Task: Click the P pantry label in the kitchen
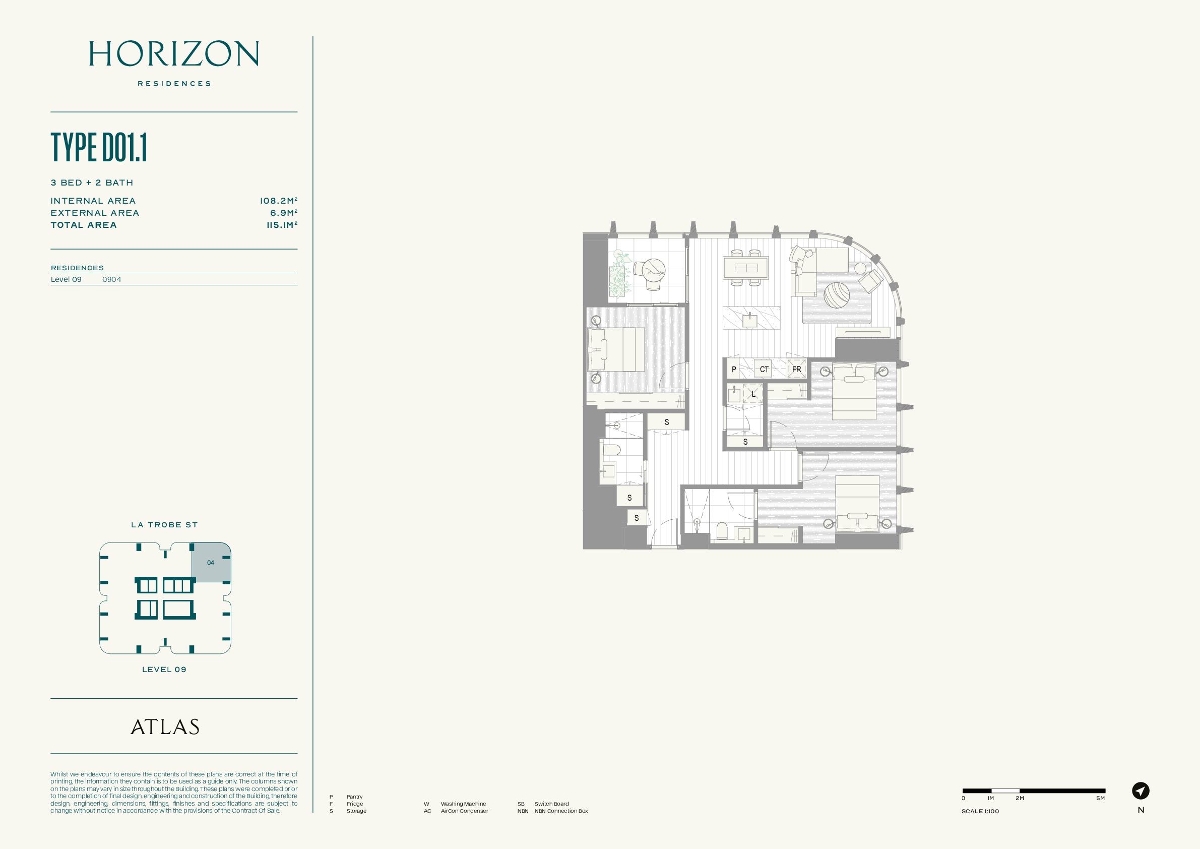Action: (734, 369)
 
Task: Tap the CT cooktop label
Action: (764, 369)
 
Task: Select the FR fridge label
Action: (796, 369)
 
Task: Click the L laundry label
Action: (753, 394)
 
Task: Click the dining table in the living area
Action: (746, 268)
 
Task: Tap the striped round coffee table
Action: (836, 295)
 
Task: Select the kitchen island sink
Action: (749, 320)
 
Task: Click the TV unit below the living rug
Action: (862, 332)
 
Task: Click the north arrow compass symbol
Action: (1141, 791)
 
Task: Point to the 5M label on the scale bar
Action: (1101, 798)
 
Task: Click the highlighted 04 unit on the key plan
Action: (211, 563)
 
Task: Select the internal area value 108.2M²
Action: (279, 201)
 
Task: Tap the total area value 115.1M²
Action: (282, 225)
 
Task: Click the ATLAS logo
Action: (165, 726)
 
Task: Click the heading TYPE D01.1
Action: (99, 147)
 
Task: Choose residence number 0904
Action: (112, 279)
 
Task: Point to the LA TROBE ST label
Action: (164, 525)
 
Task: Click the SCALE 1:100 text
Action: (980, 811)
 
